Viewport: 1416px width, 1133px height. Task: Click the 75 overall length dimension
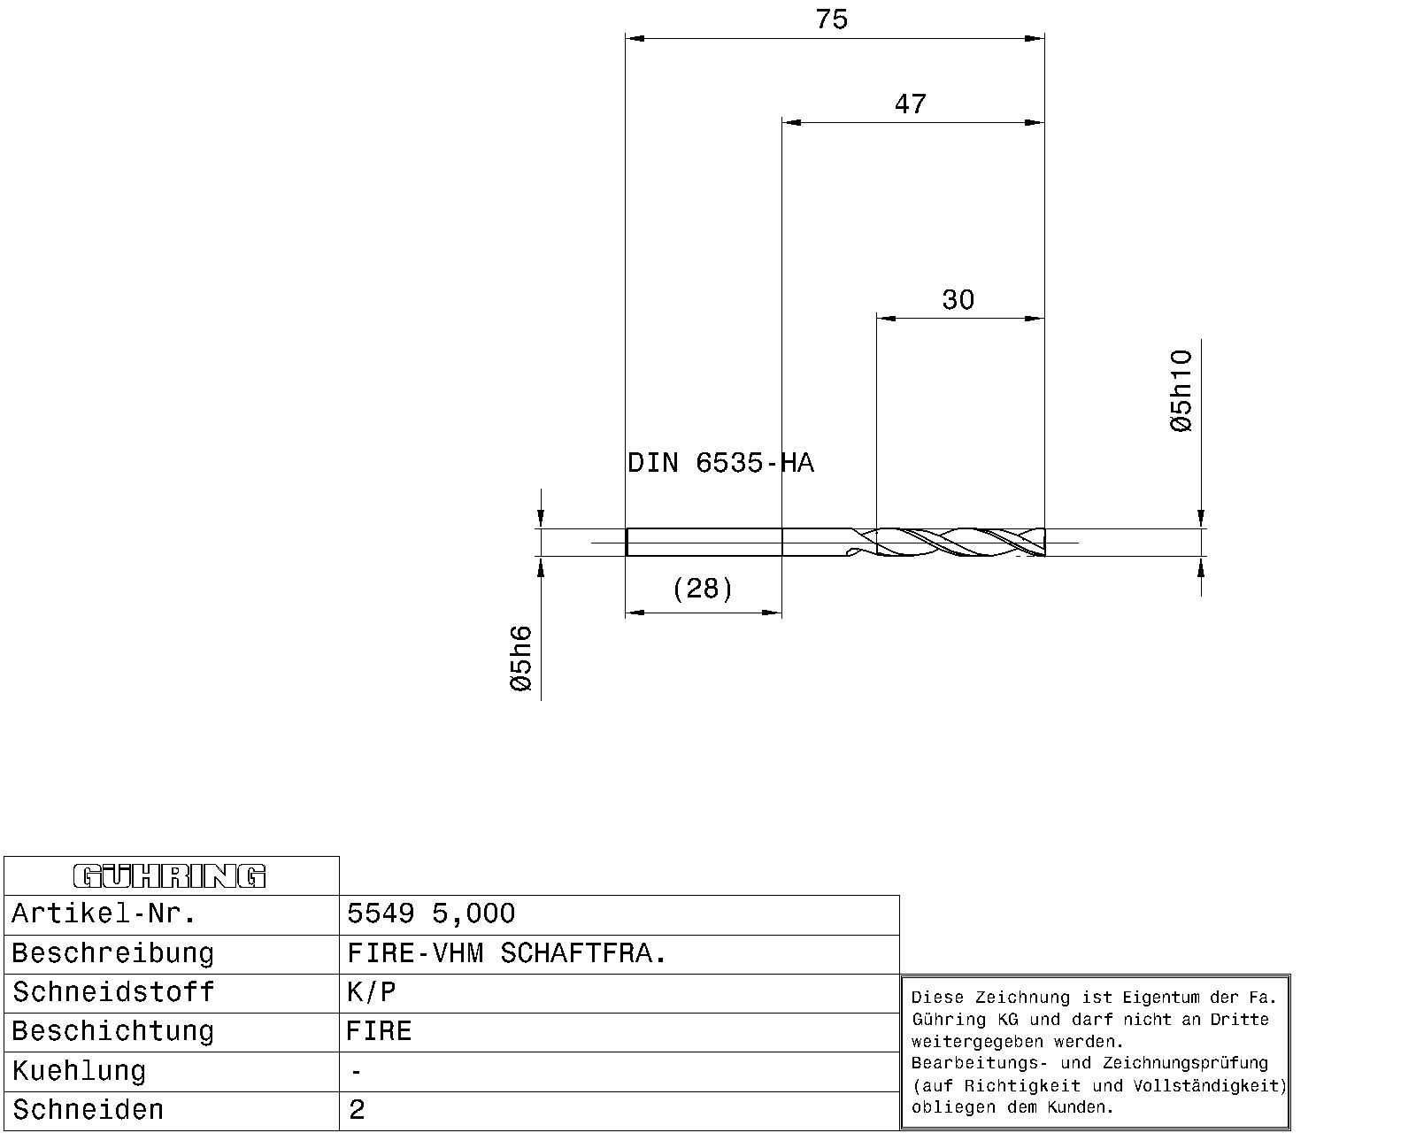coord(832,19)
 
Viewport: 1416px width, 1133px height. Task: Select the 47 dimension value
coord(910,104)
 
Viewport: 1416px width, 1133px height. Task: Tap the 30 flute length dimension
coord(958,299)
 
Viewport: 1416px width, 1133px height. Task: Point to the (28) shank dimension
coord(703,588)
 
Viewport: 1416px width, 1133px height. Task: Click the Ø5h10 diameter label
coord(1181,390)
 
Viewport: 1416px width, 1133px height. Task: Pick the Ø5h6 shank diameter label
coord(521,659)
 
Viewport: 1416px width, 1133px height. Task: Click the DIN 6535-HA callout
coord(720,463)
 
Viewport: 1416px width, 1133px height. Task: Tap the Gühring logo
coord(170,876)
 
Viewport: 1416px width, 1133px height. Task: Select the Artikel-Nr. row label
coord(104,913)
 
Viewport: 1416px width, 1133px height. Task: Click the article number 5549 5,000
coord(431,913)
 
